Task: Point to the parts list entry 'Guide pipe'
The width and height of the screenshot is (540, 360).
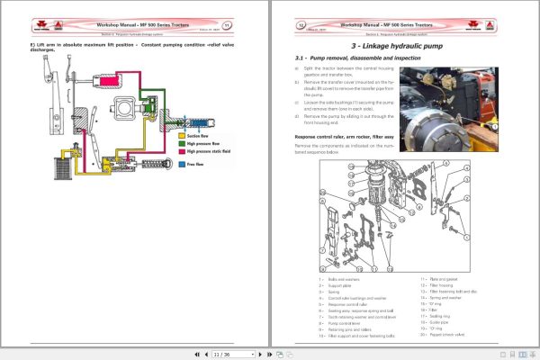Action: click(x=437, y=321)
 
